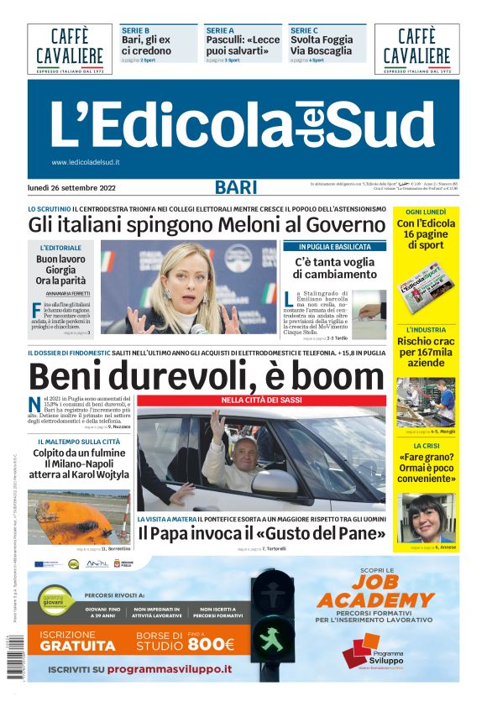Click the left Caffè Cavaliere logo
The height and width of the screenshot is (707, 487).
pyautogui.click(x=70, y=48)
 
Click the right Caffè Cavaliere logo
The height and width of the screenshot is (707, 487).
pyautogui.click(x=417, y=48)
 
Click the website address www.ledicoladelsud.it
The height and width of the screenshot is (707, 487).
pyautogui.click(x=86, y=162)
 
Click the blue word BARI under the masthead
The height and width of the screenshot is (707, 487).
pyautogui.click(x=236, y=188)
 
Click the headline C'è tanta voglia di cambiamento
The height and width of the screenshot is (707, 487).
pyautogui.click(x=334, y=268)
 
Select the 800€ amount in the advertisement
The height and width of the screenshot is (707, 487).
pyautogui.click(x=211, y=644)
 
